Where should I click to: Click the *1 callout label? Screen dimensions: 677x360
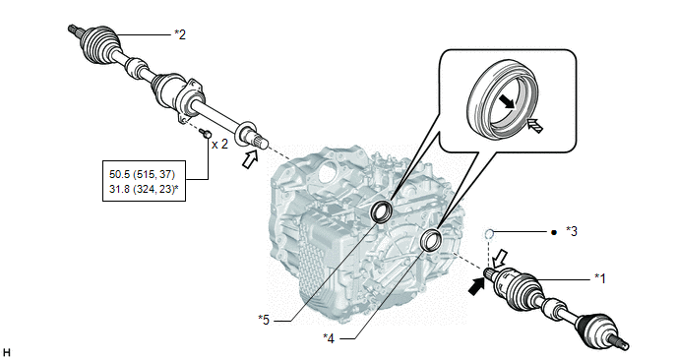(x=599, y=278)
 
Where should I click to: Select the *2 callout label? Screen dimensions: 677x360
(x=180, y=34)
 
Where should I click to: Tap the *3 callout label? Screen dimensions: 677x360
(x=572, y=232)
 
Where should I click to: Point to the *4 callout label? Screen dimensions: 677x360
(x=329, y=338)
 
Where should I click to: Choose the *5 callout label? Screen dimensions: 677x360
(x=264, y=320)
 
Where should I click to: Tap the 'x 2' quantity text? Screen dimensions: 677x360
(x=219, y=145)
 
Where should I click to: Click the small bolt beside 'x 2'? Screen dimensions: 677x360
(x=206, y=134)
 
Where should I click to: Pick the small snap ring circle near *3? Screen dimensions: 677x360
(x=488, y=234)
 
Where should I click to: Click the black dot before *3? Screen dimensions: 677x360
(x=554, y=232)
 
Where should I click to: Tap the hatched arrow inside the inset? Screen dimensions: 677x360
(x=534, y=126)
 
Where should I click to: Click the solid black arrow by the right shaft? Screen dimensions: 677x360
(x=476, y=286)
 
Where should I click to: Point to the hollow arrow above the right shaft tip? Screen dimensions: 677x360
(x=500, y=258)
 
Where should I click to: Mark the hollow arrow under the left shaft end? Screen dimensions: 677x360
(x=250, y=159)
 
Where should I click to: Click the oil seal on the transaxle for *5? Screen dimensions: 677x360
(x=382, y=211)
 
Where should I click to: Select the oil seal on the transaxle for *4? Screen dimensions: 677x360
(x=431, y=240)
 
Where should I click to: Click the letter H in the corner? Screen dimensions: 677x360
(x=7, y=353)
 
